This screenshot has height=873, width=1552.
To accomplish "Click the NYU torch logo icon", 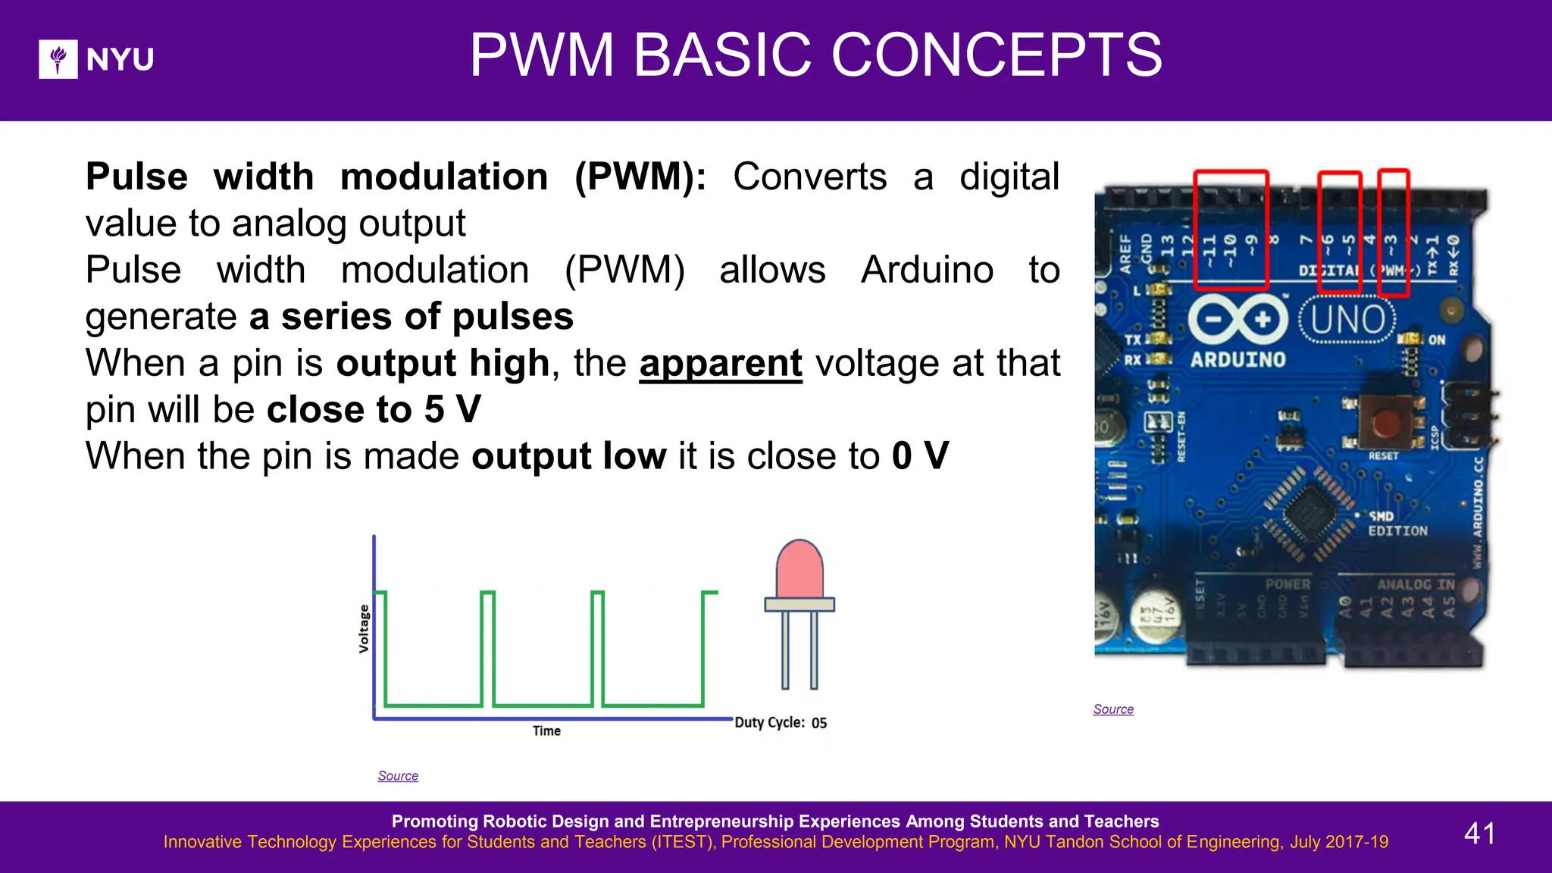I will (58, 59).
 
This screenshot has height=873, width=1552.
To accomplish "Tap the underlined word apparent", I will (720, 363).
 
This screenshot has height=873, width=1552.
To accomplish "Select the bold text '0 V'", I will (920, 456).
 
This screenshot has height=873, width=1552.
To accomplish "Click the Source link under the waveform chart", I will (398, 776).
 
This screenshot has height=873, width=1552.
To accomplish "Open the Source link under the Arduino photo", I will (1113, 709).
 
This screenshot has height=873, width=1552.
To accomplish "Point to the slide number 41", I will (1479, 834).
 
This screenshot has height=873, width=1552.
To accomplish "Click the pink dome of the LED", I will (799, 568).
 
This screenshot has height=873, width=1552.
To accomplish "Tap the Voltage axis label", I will (364, 628).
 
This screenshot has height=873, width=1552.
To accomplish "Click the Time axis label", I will (546, 731).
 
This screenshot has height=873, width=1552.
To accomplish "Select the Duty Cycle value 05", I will (819, 723).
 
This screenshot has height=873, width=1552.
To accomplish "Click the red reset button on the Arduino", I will (1385, 422).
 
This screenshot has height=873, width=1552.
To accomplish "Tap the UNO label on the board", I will (1347, 320).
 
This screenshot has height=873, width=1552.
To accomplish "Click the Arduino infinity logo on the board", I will (1238, 319).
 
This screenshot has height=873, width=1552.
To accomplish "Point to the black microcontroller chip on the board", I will (1309, 512).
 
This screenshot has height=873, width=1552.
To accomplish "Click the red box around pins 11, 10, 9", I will (1231, 230).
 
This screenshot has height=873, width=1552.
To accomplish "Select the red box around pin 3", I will (1393, 232).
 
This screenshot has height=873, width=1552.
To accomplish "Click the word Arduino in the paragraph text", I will (927, 270).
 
